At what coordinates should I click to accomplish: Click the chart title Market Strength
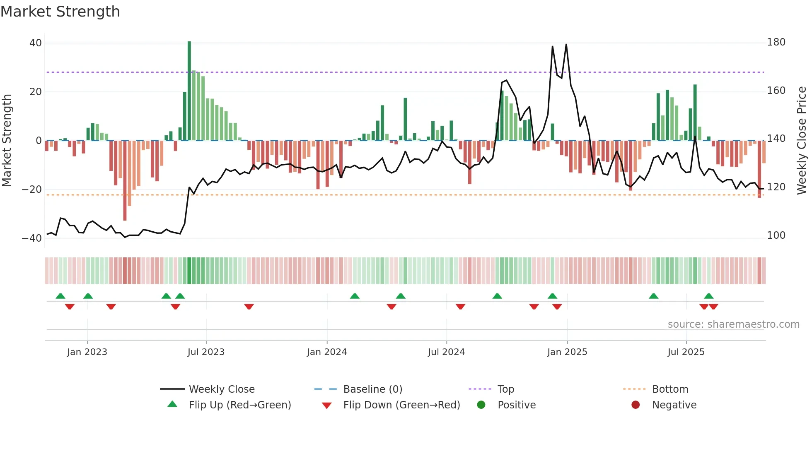click(x=60, y=12)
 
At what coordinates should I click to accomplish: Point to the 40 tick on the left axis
click(x=36, y=43)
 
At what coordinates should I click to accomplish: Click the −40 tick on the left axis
click(x=32, y=238)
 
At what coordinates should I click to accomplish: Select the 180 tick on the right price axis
click(x=776, y=42)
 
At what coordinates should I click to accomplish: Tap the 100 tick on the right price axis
click(x=776, y=235)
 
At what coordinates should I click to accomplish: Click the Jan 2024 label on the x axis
click(x=326, y=352)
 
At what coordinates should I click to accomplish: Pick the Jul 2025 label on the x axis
click(x=686, y=352)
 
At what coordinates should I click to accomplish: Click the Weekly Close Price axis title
click(x=802, y=141)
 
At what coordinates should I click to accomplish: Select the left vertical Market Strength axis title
click(x=7, y=141)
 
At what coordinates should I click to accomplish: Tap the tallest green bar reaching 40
click(x=189, y=91)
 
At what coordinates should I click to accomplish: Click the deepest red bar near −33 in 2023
click(x=125, y=180)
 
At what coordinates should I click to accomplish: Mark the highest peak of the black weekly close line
click(x=566, y=45)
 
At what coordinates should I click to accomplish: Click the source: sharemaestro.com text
click(x=733, y=324)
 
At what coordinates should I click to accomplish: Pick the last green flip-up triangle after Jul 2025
click(x=708, y=296)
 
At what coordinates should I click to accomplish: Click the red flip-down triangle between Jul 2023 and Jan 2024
click(x=249, y=307)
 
